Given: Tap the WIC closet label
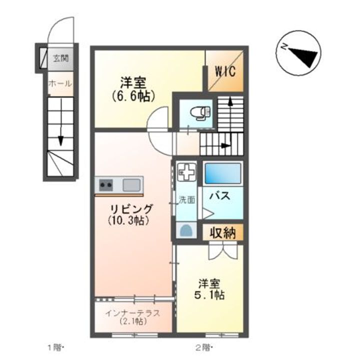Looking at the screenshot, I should coord(225,70).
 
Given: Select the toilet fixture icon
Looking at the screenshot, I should coord(201,114).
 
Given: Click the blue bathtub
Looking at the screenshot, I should coord(222,173).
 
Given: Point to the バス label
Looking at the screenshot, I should coord(219,196).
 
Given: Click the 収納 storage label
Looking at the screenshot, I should coord(222,232).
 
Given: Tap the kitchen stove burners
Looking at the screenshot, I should coord(106,184).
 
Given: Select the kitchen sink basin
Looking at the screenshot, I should coord(131,184).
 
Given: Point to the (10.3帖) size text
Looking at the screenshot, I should coord(128,220).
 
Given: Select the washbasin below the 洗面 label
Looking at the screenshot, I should coord(186,230).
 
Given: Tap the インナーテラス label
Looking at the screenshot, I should coord(132,314).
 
